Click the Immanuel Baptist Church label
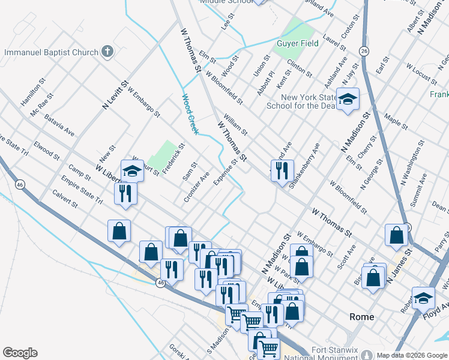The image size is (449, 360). click(51, 52)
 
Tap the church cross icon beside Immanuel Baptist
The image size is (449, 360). click(107, 52)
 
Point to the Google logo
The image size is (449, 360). click(20, 353)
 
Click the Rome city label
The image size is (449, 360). click(362, 317)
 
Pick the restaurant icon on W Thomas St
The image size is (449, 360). click(281, 170)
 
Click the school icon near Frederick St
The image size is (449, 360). click(132, 171)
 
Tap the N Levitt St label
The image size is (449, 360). click(116, 95)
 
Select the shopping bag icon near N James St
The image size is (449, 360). click(396, 235)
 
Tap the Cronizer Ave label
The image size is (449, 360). click(197, 187)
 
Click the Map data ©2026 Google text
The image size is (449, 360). click(412, 355)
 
